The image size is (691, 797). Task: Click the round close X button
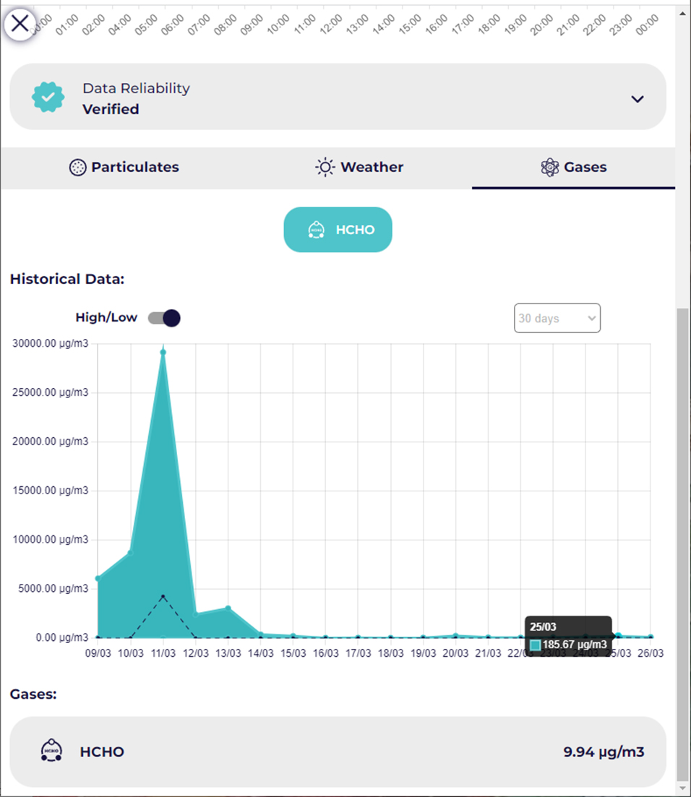(20, 23)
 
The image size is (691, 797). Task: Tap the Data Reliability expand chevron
(637, 99)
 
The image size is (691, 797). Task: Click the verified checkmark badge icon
(48, 97)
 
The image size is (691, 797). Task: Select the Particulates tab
(124, 168)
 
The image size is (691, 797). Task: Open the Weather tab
(359, 168)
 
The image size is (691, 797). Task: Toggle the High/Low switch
(164, 318)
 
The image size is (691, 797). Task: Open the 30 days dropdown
(557, 318)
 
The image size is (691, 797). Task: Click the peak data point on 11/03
(163, 353)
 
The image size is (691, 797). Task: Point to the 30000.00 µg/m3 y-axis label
(51, 344)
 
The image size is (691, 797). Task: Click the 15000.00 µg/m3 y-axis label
(51, 491)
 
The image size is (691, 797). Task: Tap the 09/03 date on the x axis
(98, 653)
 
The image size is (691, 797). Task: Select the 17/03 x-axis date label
(358, 653)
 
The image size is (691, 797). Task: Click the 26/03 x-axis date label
(651, 653)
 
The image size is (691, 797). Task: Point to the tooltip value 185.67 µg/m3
(575, 645)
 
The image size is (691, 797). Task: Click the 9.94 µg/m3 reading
(604, 752)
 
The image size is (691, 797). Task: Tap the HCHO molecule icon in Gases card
(51, 751)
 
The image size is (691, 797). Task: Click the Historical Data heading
(67, 279)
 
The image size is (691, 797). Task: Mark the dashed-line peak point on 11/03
(163, 596)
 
